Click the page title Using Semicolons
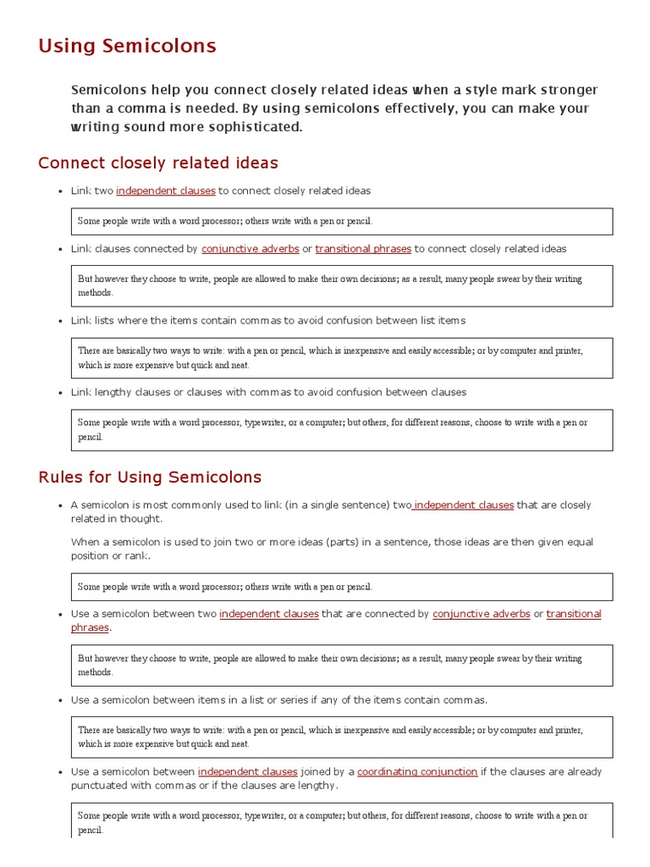[x=127, y=46]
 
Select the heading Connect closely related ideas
[x=158, y=163]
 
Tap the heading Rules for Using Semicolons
[x=150, y=477]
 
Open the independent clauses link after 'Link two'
[x=166, y=191]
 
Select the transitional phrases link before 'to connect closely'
[x=363, y=249]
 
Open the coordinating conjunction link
[x=417, y=771]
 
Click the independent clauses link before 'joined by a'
[x=248, y=771]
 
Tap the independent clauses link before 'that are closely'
[x=463, y=505]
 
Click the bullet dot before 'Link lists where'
[x=60, y=321]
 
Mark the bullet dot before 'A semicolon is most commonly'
[x=60, y=505]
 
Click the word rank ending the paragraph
[x=139, y=555]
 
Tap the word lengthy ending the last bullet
[x=317, y=785]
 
